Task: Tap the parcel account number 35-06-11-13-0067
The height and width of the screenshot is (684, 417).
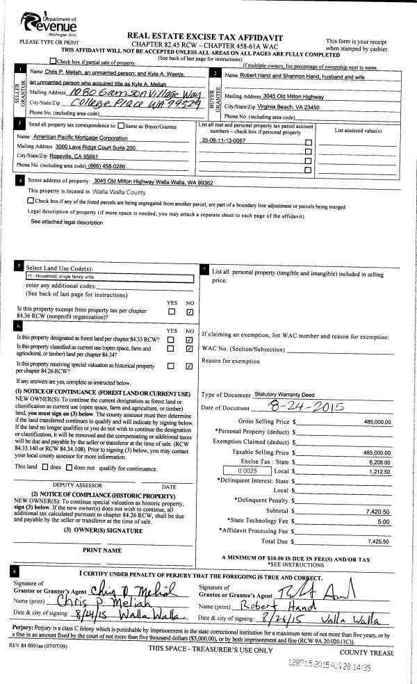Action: [x=223, y=140]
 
